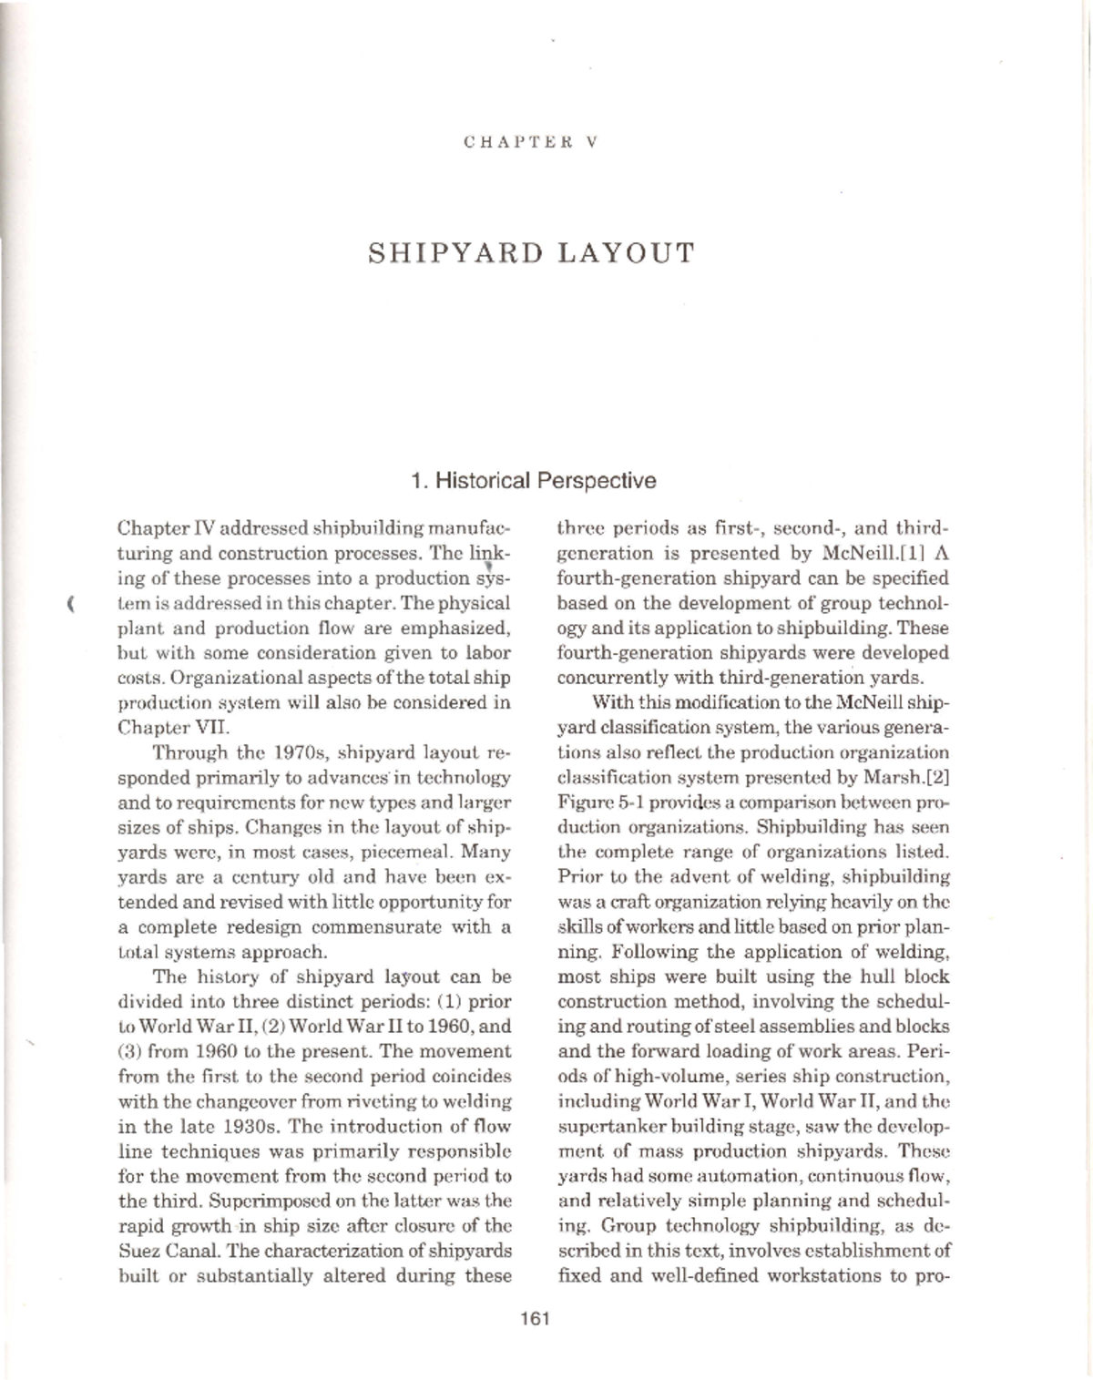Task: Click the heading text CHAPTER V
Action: tap(529, 142)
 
